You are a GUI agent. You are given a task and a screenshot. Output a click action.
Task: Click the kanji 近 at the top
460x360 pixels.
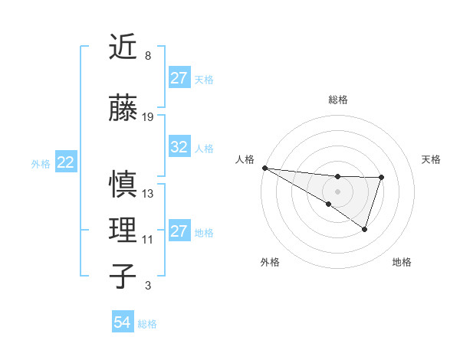click(123, 47)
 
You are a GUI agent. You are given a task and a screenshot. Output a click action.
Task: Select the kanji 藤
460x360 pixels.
click(123, 110)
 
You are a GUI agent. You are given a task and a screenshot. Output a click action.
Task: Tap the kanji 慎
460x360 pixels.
click(123, 186)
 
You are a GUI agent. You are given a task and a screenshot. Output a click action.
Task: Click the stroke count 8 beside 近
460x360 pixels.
click(147, 55)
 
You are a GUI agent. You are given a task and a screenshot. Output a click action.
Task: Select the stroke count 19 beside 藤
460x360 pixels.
click(148, 117)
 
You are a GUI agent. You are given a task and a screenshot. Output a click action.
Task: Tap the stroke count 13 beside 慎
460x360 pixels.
click(148, 194)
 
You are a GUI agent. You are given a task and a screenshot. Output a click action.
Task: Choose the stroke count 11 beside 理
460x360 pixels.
click(148, 240)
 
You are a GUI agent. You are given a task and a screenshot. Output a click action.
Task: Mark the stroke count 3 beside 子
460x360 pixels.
click(147, 286)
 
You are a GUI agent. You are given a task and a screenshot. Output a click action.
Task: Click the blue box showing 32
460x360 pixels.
click(179, 148)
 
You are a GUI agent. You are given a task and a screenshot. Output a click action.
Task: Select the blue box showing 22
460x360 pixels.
click(66, 162)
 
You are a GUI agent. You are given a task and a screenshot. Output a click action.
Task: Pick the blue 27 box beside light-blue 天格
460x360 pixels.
click(179, 78)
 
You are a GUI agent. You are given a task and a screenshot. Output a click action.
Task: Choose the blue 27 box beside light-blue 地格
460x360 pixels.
click(179, 231)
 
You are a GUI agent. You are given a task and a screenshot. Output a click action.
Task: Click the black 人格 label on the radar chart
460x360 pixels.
click(245, 159)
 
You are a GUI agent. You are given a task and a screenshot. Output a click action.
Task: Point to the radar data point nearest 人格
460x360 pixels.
click(264, 168)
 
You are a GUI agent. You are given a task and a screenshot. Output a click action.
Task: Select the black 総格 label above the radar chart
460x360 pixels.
click(338, 100)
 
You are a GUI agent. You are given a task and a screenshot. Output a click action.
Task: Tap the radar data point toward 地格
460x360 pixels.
click(365, 229)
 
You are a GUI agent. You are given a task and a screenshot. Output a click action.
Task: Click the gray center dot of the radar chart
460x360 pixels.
click(338, 191)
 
